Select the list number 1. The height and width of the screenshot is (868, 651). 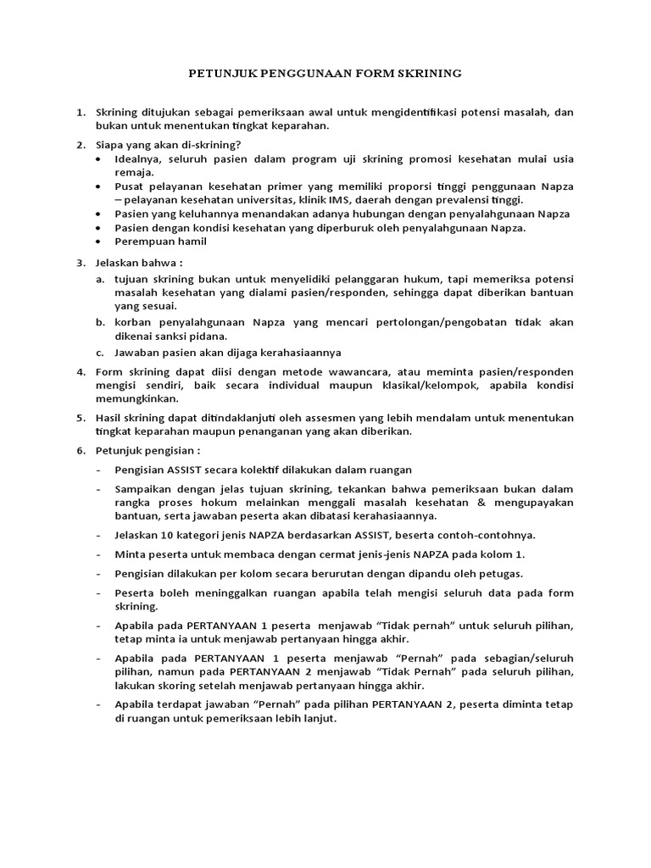pyautogui.click(x=81, y=112)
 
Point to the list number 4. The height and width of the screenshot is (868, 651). pyautogui.click(x=81, y=372)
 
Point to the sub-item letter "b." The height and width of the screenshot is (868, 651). pyautogui.click(x=99, y=322)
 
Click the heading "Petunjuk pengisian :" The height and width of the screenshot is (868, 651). pyautogui.click(x=146, y=450)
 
